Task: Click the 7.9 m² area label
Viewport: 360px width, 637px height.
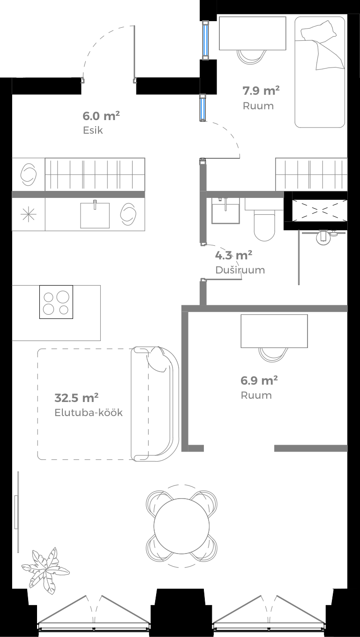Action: pos(261,90)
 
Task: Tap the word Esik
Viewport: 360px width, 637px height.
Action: pos(92,130)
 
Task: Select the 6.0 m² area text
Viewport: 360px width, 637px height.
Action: pos(101,115)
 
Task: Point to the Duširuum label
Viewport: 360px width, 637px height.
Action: pos(240,270)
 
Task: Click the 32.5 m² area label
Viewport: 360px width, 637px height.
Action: pos(76,398)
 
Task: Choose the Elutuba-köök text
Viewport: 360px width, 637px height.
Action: pos(89,413)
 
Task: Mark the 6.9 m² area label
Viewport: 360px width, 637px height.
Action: pos(259,380)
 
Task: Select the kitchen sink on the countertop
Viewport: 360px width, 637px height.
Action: pos(95,214)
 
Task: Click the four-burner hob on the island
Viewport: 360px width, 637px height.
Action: pos(56,302)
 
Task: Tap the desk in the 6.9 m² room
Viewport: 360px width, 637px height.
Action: pos(274,331)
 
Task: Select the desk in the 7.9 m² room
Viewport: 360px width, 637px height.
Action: pos(252,33)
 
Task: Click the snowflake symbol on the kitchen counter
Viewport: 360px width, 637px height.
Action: pos(29,214)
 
